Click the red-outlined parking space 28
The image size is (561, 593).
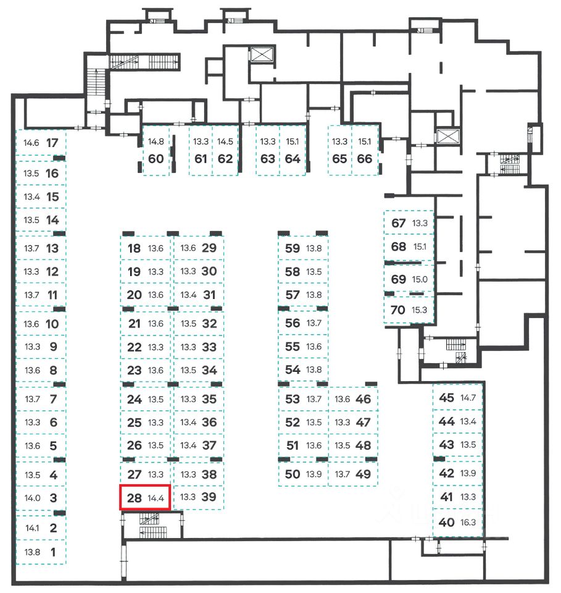[x=145, y=498]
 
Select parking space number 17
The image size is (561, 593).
[x=52, y=142]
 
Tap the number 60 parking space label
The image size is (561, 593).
[x=156, y=158]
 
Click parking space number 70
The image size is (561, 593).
[x=399, y=310]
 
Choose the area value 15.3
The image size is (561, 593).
[x=420, y=310]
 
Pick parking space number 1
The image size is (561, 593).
[x=52, y=552]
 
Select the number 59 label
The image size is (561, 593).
[x=293, y=248]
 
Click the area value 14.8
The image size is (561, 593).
[x=156, y=141]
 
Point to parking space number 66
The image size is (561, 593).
[x=365, y=158]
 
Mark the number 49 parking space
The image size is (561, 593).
[x=364, y=474]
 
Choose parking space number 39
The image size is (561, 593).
[x=209, y=497]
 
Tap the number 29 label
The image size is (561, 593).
[x=209, y=248]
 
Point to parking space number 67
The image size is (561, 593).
[x=399, y=223]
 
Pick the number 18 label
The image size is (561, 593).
[x=134, y=248]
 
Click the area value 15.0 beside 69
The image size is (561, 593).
[x=420, y=279]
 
